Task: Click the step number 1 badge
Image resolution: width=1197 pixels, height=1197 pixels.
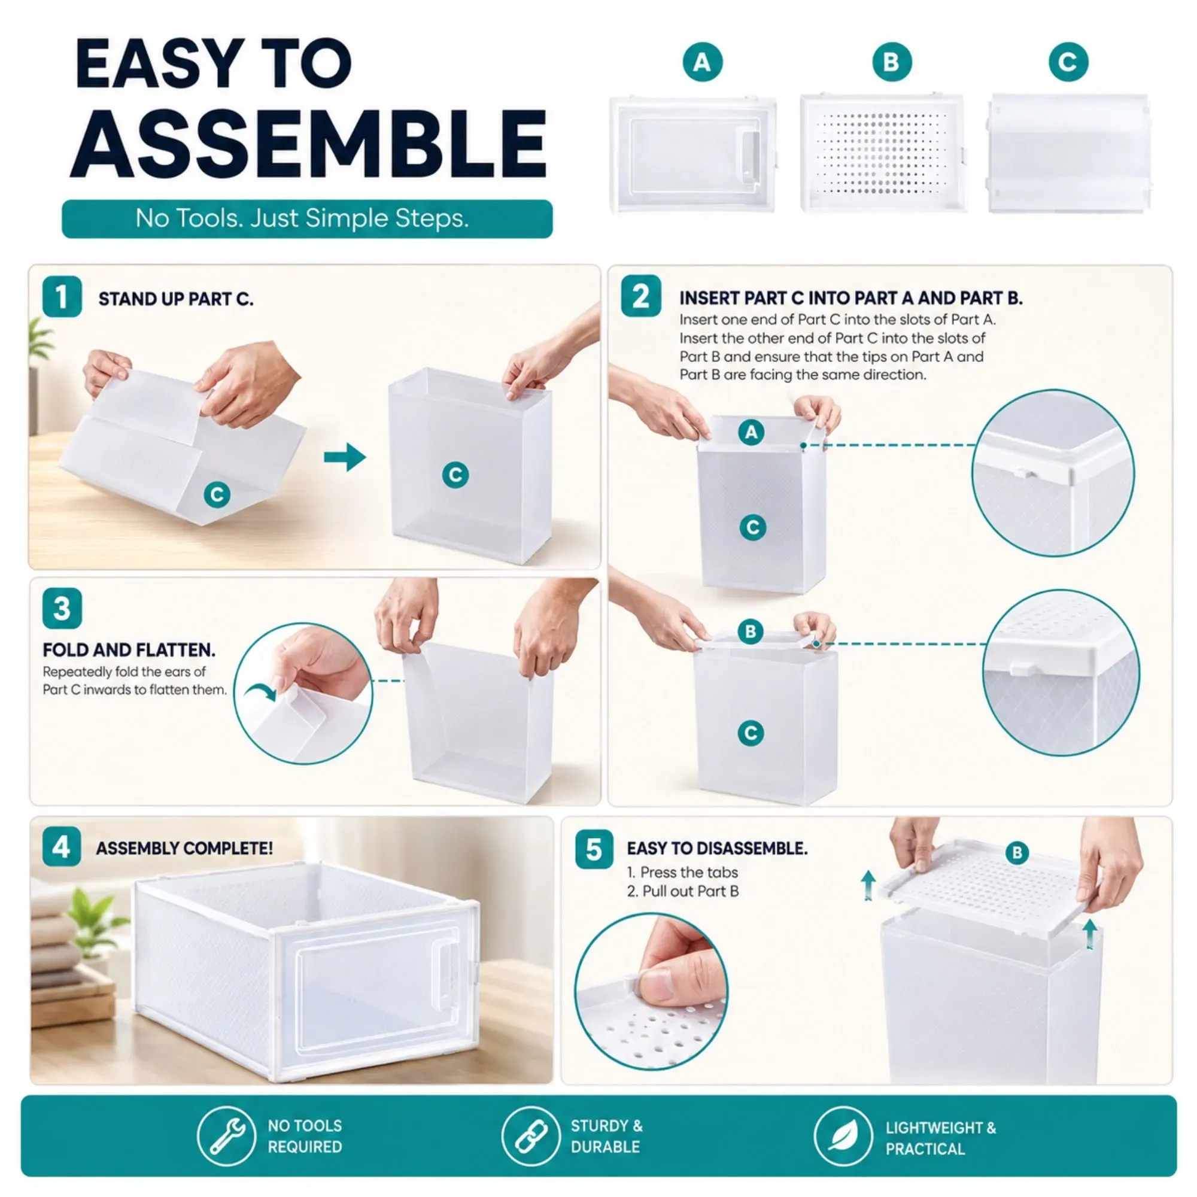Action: (62, 297)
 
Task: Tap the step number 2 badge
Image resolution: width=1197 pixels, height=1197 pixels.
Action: (640, 296)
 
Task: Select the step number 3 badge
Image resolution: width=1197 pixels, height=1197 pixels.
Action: (62, 609)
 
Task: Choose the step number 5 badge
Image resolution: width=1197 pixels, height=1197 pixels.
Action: (594, 849)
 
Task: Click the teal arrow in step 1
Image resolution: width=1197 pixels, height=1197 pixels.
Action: (345, 457)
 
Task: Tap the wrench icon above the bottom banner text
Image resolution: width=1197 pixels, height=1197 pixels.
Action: (226, 1137)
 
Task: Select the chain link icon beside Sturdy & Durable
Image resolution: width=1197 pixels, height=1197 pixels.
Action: (530, 1137)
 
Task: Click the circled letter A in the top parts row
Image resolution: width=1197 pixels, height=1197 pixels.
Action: (703, 62)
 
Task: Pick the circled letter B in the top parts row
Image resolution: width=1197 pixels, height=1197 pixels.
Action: (892, 62)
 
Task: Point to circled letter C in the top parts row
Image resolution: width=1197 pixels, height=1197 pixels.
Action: (1069, 62)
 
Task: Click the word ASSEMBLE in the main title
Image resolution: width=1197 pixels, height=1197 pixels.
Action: (308, 145)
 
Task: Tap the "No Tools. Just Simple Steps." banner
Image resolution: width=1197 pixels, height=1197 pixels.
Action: (307, 218)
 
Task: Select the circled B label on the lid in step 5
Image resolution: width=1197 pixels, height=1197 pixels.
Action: (1017, 853)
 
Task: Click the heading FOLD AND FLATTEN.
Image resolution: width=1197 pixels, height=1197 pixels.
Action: (129, 650)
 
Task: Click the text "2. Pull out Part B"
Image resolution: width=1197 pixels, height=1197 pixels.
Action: (683, 891)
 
